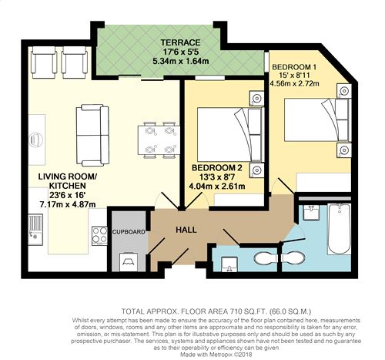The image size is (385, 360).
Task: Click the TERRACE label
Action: click(180, 42)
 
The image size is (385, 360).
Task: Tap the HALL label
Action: click(186, 230)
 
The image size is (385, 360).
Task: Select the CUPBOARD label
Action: click(129, 232)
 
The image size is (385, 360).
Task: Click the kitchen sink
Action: click(35, 230)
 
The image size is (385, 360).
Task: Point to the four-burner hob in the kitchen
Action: click(99, 236)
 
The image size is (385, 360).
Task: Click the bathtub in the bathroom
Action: click(340, 229)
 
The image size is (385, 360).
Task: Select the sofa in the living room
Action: click(92, 135)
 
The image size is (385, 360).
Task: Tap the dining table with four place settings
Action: click(159, 140)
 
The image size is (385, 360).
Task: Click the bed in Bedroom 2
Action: click(230, 134)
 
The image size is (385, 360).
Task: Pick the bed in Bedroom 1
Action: click(318, 119)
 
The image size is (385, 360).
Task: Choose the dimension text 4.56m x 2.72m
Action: click(294, 83)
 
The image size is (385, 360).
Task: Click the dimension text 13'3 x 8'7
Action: click(217, 177)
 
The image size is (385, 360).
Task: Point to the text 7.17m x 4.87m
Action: click(67, 204)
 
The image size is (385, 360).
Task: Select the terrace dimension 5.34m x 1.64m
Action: click(180, 62)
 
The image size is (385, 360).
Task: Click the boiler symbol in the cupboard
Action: click(129, 262)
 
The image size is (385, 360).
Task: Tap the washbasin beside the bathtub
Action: click(311, 212)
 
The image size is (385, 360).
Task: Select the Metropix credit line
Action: click(216, 355)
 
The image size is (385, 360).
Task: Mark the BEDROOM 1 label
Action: click(294, 67)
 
